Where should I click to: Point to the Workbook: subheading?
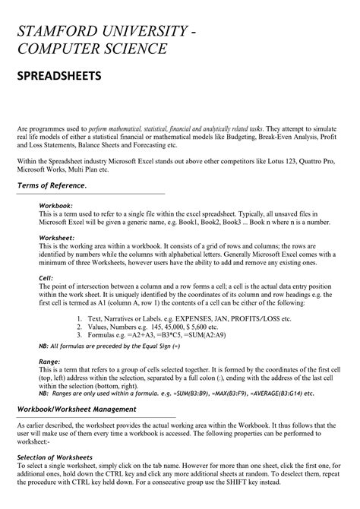click(x=55, y=206)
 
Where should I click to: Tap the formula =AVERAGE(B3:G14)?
click(x=276, y=394)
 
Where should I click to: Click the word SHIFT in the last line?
click(x=267, y=482)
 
